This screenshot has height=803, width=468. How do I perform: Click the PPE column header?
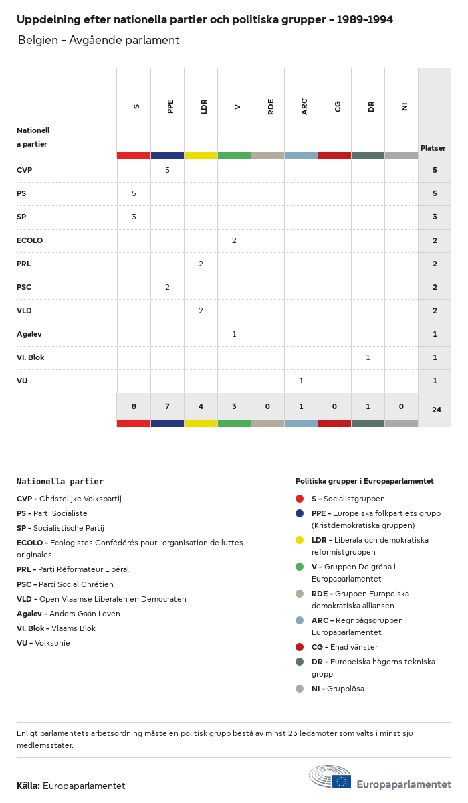pyautogui.click(x=170, y=106)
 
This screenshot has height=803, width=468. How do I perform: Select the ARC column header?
pyautogui.click(x=304, y=106)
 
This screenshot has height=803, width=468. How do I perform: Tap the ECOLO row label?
pyautogui.click(x=29, y=240)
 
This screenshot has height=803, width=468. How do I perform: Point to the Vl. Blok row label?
pyautogui.click(x=31, y=357)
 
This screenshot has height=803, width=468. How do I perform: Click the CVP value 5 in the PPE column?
pyautogui.click(x=167, y=170)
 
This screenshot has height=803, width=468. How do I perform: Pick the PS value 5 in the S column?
pyautogui.click(x=134, y=193)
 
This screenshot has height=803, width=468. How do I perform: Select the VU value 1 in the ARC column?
pyautogui.click(x=301, y=381)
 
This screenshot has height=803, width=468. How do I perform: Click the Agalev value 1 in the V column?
pyautogui.click(x=234, y=334)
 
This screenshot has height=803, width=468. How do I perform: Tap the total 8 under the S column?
pyautogui.click(x=134, y=406)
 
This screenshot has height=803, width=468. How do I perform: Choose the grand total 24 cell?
pyautogui.click(x=436, y=410)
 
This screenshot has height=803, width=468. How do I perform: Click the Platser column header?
pyautogui.click(x=433, y=148)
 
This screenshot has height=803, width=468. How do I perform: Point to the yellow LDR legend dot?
pyautogui.click(x=300, y=540)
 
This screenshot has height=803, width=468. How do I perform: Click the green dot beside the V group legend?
pyautogui.click(x=300, y=567)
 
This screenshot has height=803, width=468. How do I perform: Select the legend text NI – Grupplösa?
pyautogui.click(x=338, y=689)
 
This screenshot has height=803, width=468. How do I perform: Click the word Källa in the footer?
pyautogui.click(x=28, y=786)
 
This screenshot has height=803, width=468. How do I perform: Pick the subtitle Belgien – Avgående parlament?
pyautogui.click(x=99, y=40)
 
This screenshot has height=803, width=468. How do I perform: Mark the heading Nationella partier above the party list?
pyautogui.click(x=60, y=481)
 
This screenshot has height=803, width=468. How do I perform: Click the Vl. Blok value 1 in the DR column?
pyautogui.click(x=368, y=357)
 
